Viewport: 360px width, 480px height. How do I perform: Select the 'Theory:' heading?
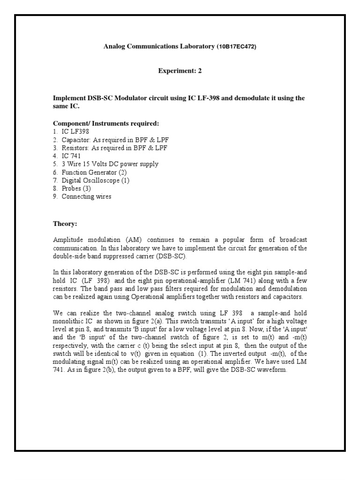(x=64, y=224)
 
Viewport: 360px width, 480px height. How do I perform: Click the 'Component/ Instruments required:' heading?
(x=106, y=123)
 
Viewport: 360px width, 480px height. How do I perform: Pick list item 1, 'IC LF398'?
(x=75, y=132)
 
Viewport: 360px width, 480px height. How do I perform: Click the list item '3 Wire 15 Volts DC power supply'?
(x=110, y=164)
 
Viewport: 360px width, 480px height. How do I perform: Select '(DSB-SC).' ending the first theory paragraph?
(x=171, y=256)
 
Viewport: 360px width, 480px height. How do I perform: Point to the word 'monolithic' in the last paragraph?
(x=68, y=321)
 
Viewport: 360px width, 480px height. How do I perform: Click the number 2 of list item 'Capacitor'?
(x=55, y=140)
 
